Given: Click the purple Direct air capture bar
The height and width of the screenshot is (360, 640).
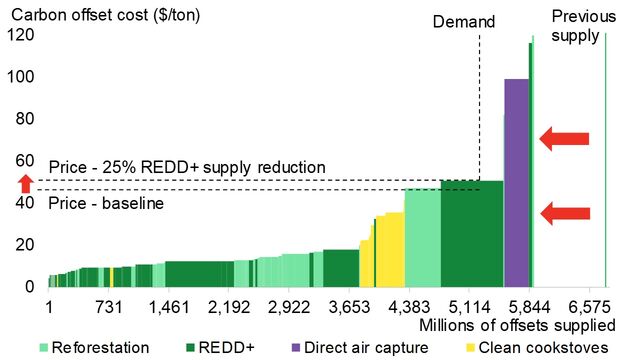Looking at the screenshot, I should pos(516,182).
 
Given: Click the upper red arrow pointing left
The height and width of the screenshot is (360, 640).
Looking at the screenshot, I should pos(565,138).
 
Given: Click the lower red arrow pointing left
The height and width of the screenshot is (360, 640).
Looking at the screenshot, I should pos(565,212).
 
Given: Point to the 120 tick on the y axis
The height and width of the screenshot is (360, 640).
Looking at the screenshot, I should pos(21,35).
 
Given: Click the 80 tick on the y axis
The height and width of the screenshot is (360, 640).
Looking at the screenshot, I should pos(25,119).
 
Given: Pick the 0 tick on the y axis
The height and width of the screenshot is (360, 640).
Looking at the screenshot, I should pos(29,287).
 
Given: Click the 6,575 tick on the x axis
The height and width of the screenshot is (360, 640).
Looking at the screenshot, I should pos(606,306).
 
